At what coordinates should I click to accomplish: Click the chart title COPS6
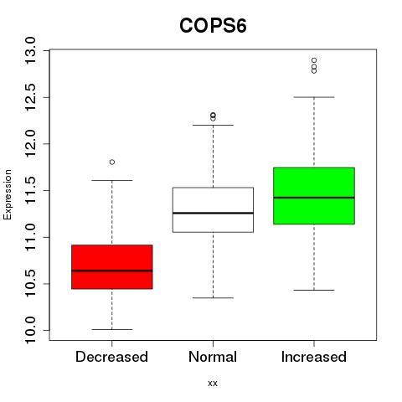[213, 26]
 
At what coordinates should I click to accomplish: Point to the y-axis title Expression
[8, 195]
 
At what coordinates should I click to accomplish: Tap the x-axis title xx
[213, 384]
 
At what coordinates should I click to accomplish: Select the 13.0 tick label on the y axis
[30, 50]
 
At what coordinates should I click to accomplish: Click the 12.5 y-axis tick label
[30, 97]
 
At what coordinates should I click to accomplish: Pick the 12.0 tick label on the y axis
[30, 144]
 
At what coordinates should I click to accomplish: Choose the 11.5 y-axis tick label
[30, 190]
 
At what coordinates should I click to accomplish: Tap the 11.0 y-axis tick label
[30, 237]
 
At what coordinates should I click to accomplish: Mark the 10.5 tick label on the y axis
[30, 284]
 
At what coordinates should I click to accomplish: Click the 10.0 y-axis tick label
[30, 331]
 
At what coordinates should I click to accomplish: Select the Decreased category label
[111, 357]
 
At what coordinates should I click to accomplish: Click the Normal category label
[213, 357]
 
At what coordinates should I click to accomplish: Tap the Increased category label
[314, 357]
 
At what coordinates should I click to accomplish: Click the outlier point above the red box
[112, 162]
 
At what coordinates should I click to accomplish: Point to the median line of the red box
[112, 271]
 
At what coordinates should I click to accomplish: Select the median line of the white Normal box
[213, 213]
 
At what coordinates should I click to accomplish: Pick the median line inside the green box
[314, 198]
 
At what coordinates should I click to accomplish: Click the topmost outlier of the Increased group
[314, 60]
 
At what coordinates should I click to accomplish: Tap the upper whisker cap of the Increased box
[314, 97]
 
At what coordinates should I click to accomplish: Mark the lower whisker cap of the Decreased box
[112, 330]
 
